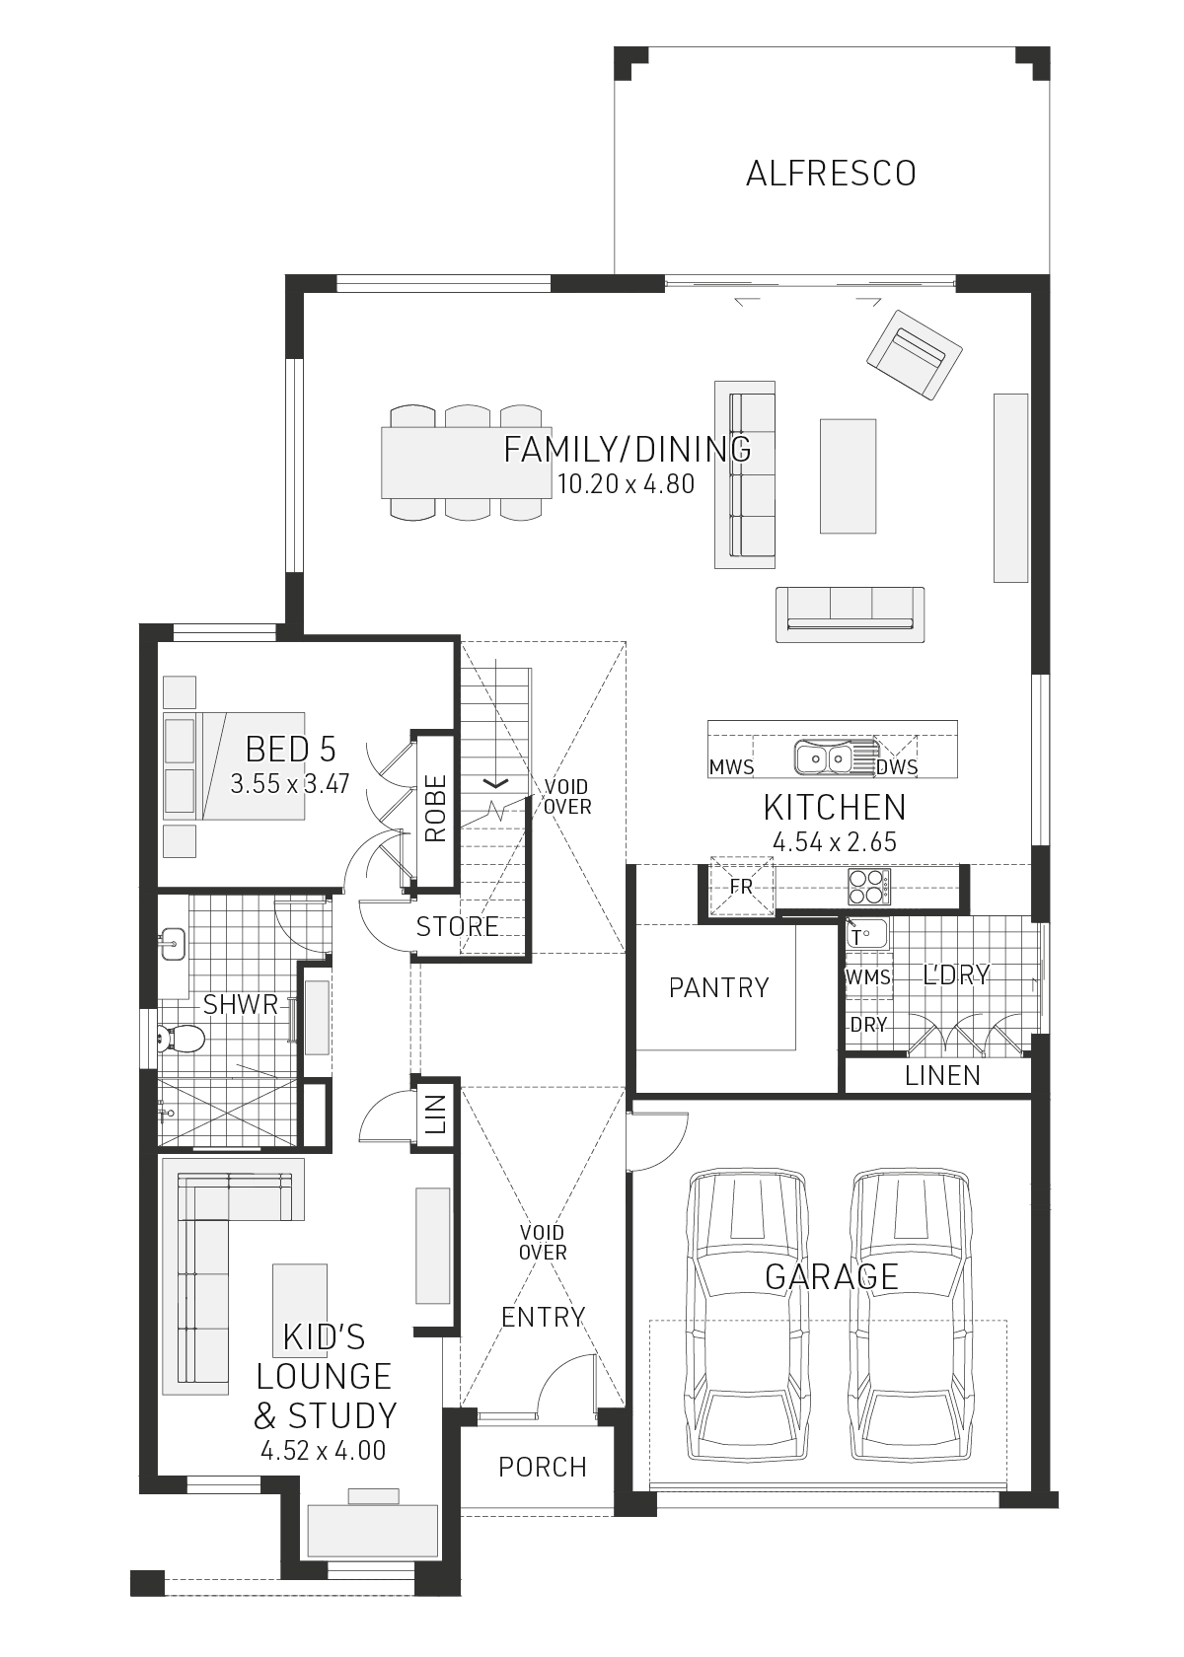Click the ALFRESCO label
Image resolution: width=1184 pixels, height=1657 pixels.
[x=831, y=174]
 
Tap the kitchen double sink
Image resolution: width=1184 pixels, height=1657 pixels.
[x=823, y=756]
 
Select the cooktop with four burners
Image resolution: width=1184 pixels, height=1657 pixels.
[x=868, y=886]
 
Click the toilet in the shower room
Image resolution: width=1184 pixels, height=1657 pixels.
[x=182, y=1040]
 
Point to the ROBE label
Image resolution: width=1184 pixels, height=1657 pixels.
[x=436, y=809]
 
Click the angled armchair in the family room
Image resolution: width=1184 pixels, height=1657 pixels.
[x=914, y=355]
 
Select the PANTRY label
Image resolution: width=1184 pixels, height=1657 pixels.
[x=718, y=987]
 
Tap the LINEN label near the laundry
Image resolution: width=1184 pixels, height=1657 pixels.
[x=942, y=1075]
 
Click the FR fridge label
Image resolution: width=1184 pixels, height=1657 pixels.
[x=741, y=886]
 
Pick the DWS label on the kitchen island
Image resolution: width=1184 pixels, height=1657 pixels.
[x=897, y=767]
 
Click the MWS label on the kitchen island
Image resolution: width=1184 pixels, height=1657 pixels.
[x=731, y=767]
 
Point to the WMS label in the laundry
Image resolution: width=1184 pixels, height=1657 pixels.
[x=868, y=977]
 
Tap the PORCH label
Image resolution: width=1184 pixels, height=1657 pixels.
[x=543, y=1467]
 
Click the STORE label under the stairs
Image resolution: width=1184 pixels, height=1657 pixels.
[x=458, y=926]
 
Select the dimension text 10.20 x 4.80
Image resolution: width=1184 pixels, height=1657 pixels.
[x=626, y=483]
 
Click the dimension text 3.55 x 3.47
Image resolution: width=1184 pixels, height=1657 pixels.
[x=290, y=783]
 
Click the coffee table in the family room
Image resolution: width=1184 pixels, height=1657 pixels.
[x=848, y=475]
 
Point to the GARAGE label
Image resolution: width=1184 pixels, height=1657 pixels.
[x=831, y=1277]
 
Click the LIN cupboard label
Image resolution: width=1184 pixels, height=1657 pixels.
[x=436, y=1115]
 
